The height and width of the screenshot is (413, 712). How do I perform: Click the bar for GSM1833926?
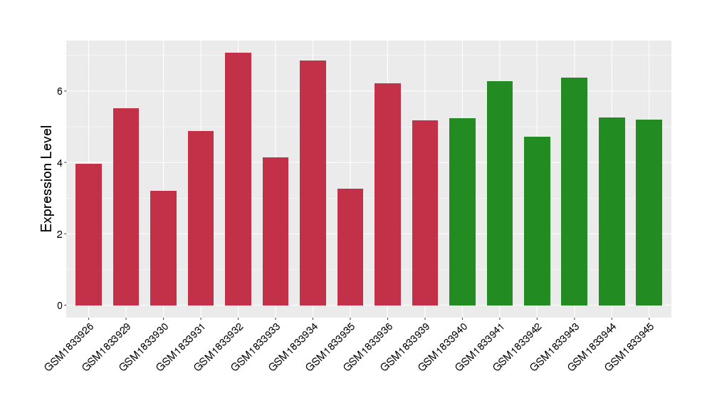[88, 234]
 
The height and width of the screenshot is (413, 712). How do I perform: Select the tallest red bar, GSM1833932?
[238, 179]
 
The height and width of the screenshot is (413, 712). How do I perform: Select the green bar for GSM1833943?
[574, 192]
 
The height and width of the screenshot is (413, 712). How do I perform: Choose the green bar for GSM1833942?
[537, 221]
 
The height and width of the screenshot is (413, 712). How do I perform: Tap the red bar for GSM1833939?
[425, 213]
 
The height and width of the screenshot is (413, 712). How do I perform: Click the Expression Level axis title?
[47, 179]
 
